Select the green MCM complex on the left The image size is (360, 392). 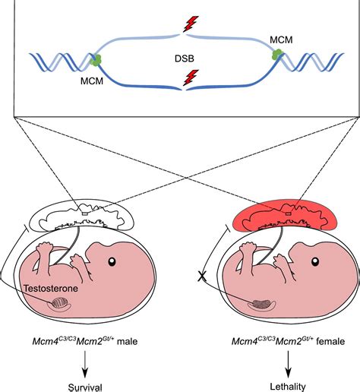[x=96, y=60]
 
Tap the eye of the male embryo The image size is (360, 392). [x=112, y=262]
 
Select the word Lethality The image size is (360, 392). [x=287, y=386]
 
